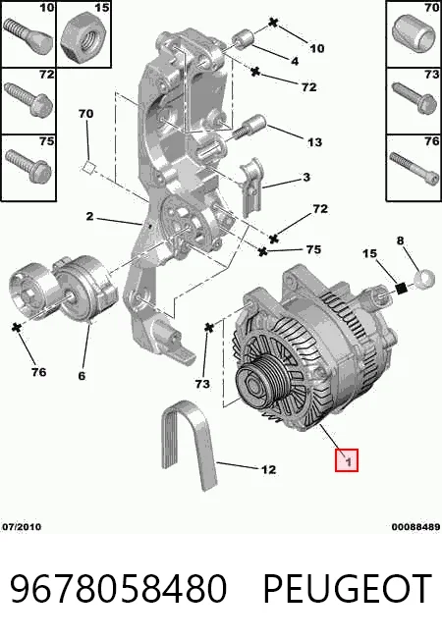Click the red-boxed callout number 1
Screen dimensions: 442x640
tap(347, 460)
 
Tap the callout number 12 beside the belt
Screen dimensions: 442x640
tap(268, 469)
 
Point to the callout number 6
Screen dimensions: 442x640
tap(82, 376)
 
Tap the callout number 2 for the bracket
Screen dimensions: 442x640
tap(89, 216)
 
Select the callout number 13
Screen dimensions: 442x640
tap(314, 142)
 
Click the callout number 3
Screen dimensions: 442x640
tap(306, 177)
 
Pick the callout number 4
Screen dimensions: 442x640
tap(295, 61)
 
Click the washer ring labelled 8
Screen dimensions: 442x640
tap(425, 279)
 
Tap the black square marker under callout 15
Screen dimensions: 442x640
tap(402, 289)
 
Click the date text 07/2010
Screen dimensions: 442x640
tap(22, 527)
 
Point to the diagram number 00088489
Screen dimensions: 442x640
tap(415, 527)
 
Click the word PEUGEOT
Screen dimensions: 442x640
tap(348, 588)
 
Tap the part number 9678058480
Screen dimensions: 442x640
tap(118, 588)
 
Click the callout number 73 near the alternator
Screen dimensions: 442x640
tap(202, 384)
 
